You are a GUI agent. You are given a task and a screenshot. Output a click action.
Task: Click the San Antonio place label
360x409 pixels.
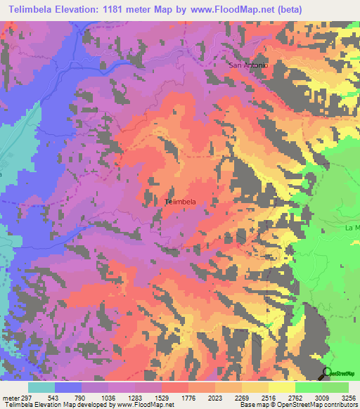[248, 65]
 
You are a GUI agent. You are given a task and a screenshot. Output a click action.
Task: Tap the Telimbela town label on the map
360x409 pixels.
[179, 202]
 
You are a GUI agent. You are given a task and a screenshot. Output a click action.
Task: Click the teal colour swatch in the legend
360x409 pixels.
[41, 388]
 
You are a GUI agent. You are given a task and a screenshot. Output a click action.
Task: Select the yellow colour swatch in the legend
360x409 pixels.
[281, 388]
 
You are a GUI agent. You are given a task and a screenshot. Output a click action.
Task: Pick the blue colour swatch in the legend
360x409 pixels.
[68, 388]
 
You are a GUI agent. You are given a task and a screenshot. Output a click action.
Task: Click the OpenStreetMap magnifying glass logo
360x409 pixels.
[326, 372]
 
